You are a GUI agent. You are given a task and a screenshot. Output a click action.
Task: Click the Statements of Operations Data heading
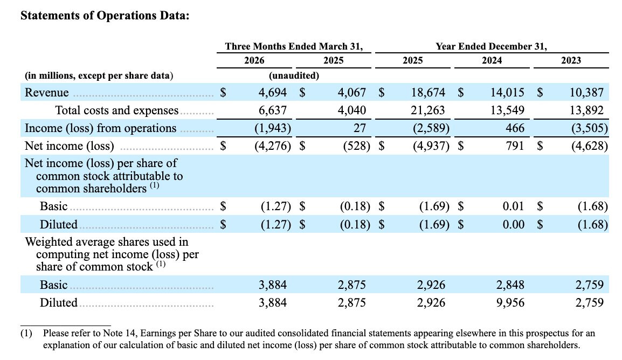click(x=105, y=16)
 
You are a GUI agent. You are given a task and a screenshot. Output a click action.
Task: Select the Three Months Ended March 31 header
click(x=294, y=46)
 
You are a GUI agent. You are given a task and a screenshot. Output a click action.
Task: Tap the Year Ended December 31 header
click(x=492, y=46)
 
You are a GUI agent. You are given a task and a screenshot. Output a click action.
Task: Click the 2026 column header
click(x=254, y=60)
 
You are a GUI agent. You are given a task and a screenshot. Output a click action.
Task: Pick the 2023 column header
click(x=571, y=60)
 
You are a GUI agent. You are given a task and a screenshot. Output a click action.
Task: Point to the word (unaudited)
click(x=294, y=75)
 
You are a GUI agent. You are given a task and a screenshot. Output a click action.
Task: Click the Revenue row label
click(x=47, y=92)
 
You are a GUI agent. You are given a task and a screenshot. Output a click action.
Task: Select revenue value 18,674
click(x=428, y=92)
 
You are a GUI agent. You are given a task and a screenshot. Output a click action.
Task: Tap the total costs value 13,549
click(x=507, y=110)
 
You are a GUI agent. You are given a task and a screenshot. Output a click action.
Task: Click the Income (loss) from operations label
click(x=100, y=128)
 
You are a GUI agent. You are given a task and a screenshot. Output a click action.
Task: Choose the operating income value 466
click(x=515, y=128)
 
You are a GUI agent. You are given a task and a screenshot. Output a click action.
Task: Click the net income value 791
click(x=515, y=146)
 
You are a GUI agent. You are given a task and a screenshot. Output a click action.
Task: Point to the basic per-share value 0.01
click(x=513, y=206)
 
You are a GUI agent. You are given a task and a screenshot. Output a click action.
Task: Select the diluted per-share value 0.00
click(x=513, y=224)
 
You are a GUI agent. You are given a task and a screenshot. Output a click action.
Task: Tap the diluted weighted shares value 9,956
click(x=510, y=302)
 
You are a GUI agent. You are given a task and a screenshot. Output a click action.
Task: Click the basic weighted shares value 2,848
click(x=510, y=285)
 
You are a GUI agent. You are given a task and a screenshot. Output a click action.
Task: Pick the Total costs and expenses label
click(x=116, y=110)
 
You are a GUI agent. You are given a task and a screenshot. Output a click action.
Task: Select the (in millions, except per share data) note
click(x=99, y=75)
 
